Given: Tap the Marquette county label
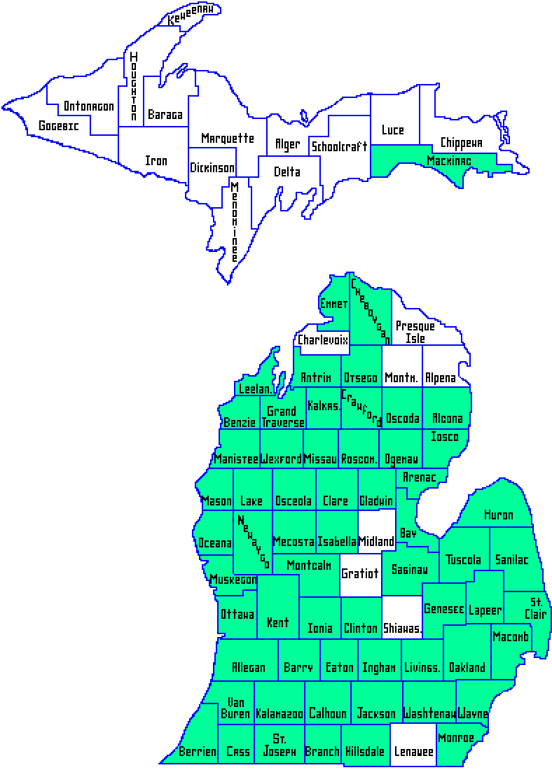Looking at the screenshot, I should tap(227, 138).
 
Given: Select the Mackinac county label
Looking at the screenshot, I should tap(449, 161).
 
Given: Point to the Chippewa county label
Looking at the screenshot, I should tap(461, 143).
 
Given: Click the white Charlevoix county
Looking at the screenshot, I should tap(323, 339).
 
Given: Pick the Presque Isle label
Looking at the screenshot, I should tap(415, 332).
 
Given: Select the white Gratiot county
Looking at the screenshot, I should tap(359, 574).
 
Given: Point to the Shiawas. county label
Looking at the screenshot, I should tap(402, 629).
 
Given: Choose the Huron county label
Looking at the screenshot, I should tap(498, 514).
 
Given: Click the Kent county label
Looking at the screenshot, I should tap(277, 622).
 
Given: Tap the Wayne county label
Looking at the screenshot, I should tap(473, 714).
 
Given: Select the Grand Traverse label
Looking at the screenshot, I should tap(283, 416).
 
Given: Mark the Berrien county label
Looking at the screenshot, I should tap(198, 752).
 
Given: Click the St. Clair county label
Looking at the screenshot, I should tap(536, 608).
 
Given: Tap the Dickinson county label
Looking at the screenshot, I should tap(212, 168).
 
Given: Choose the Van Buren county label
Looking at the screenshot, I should tap(235, 708).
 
